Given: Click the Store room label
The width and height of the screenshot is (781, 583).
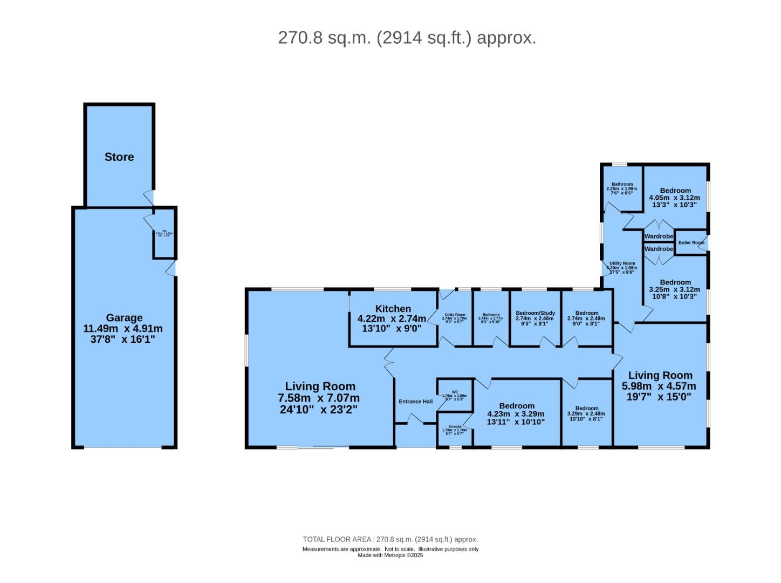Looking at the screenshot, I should pyautogui.click(x=119, y=157).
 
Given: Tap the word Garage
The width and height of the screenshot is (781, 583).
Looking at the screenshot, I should pyautogui.click(x=124, y=318).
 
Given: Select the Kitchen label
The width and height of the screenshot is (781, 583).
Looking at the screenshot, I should pyautogui.click(x=393, y=309).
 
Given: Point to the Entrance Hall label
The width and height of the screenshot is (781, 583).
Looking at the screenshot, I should pyautogui.click(x=415, y=402).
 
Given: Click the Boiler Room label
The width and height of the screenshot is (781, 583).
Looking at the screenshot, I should pyautogui.click(x=691, y=243).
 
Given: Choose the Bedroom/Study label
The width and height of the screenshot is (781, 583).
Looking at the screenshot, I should pyautogui.click(x=535, y=313).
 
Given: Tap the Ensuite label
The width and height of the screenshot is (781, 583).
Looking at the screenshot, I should pyautogui.click(x=455, y=426).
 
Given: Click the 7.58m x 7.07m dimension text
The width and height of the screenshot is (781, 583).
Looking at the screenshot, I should pyautogui.click(x=319, y=398).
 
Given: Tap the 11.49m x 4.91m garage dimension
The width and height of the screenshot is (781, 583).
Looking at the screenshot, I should pyautogui.click(x=122, y=329).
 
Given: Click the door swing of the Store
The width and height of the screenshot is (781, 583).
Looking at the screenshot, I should pyautogui.click(x=148, y=198).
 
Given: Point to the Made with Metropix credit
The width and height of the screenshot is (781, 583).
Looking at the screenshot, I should pyautogui.click(x=390, y=555).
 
